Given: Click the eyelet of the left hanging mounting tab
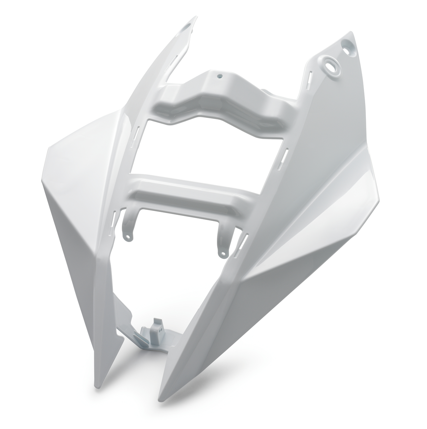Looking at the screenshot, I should coord(127,236).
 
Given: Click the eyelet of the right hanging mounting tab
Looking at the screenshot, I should coord(223,255).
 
